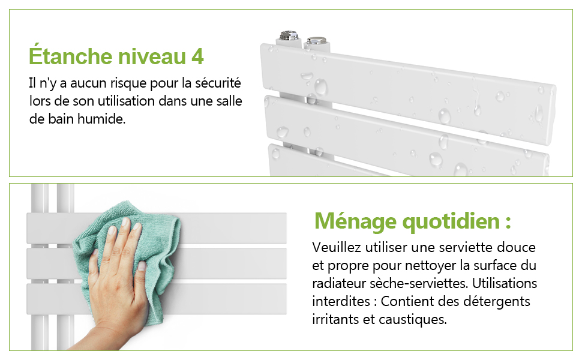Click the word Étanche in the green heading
(x=71, y=56)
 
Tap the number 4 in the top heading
(x=198, y=57)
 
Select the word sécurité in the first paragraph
(x=218, y=82)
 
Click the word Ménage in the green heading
(x=356, y=222)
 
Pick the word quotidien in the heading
(x=451, y=222)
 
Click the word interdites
(x=341, y=301)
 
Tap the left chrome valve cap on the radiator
(x=289, y=35)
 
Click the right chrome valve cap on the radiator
(x=317, y=40)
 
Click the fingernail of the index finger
(x=125, y=223)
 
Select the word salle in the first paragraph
(x=229, y=101)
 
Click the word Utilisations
(x=505, y=283)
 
